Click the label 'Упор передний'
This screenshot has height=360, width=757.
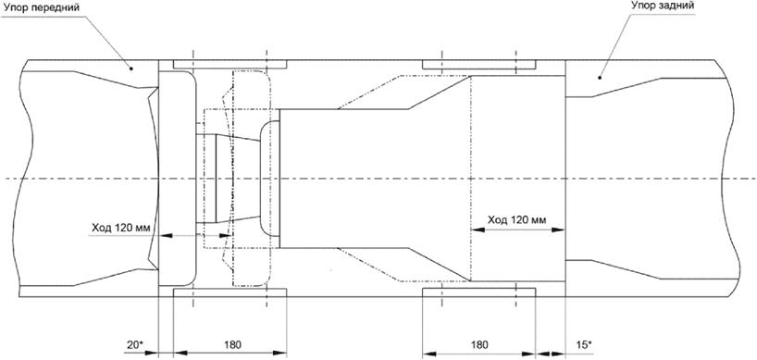pyautogui.click(x=40, y=8)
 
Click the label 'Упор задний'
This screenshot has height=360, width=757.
pyautogui.click(x=663, y=6)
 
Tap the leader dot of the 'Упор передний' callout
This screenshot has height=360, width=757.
pyautogui.click(x=130, y=68)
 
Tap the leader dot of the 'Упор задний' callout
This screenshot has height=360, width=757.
pyautogui.click(x=600, y=77)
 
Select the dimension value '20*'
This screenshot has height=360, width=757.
pyautogui.click(x=135, y=344)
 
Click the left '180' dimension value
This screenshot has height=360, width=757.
pyautogui.click(x=232, y=344)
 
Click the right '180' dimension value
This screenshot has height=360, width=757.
pyautogui.click(x=479, y=344)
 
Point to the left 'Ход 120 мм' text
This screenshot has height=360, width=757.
pyautogui.click(x=121, y=228)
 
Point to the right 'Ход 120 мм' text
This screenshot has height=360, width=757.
pyautogui.click(x=517, y=220)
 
